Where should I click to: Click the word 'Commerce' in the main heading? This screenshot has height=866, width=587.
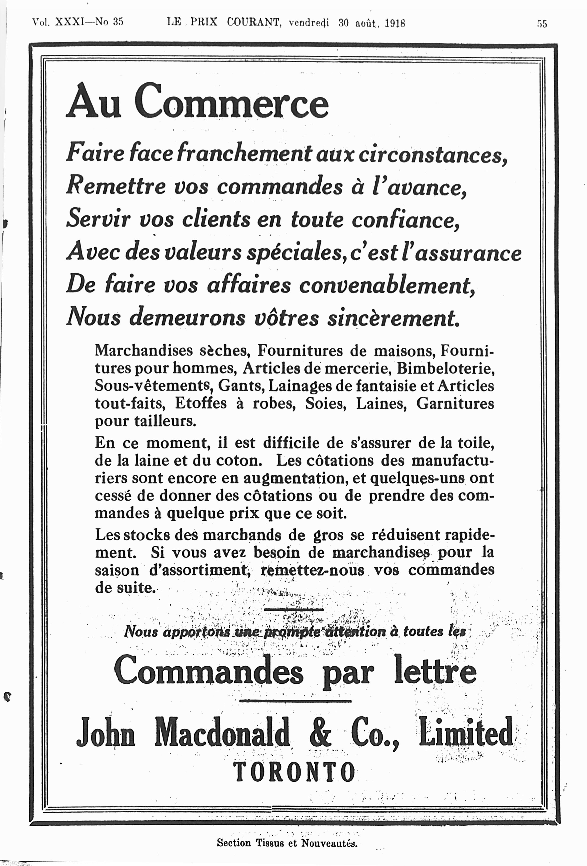tap(231, 102)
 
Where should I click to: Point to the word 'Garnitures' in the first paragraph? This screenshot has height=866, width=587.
tap(455, 403)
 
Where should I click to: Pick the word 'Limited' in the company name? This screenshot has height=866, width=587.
tap(466, 732)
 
